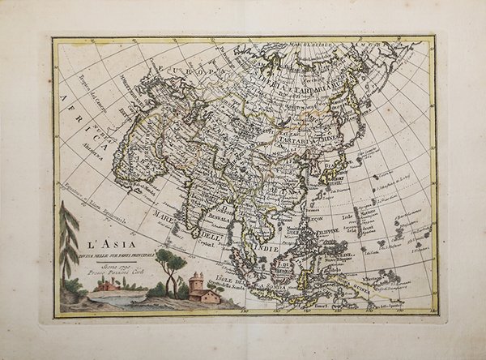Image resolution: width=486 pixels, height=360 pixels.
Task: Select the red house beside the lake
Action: (x=105, y=286)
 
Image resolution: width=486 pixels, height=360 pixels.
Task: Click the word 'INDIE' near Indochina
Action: (x=268, y=248)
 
